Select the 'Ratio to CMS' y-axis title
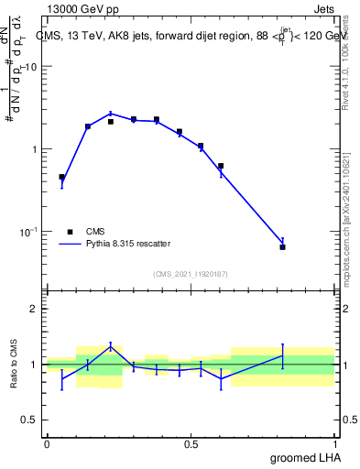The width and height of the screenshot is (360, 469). coord(14,365)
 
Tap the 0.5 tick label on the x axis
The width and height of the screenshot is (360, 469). coord(191,443)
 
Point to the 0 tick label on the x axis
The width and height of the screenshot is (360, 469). coord(47,443)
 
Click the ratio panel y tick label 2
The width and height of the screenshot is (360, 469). coord(35,310)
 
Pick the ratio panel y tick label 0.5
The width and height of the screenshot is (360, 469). coord(30,420)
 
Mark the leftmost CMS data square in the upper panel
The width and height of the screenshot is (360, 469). coord(61,177)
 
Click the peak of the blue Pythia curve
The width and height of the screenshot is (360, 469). coord(110,114)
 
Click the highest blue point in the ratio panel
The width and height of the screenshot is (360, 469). coord(110,345)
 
